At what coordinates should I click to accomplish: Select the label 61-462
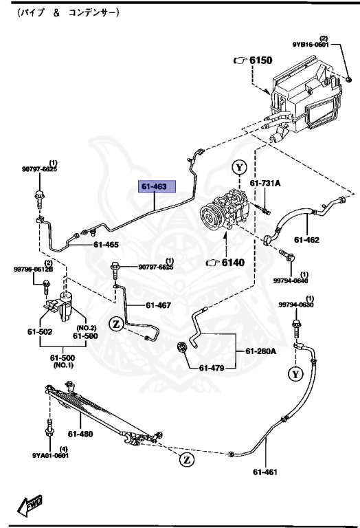(308, 240)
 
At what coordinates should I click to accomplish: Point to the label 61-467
(158, 305)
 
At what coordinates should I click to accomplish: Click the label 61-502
(41, 331)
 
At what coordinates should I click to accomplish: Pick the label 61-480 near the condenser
(81, 434)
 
